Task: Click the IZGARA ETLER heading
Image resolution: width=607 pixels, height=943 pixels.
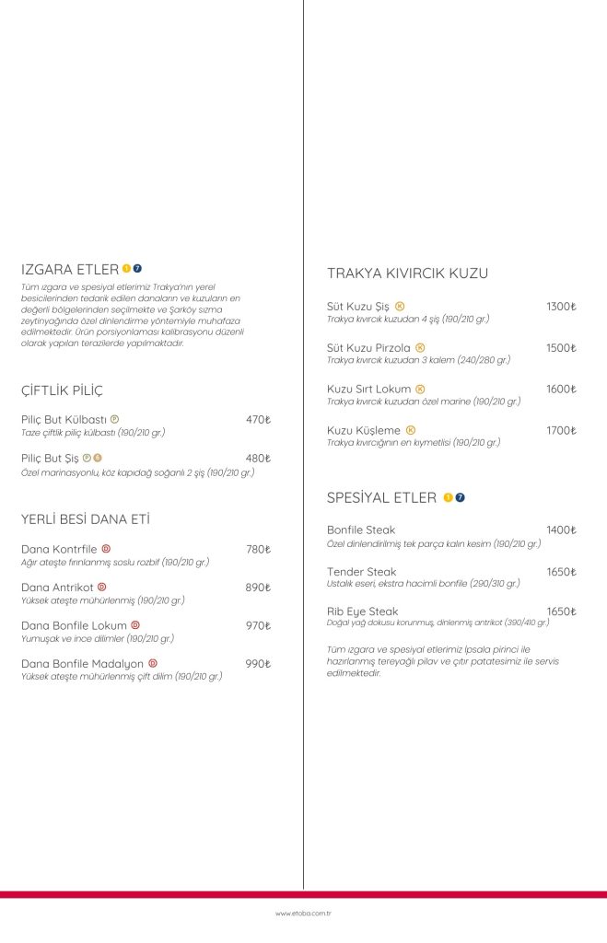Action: click(x=69, y=269)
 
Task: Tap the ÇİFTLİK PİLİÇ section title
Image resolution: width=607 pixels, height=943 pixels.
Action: click(x=62, y=390)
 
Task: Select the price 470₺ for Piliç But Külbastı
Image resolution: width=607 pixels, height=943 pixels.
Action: click(x=258, y=420)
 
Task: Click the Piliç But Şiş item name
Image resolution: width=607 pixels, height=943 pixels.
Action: click(x=50, y=458)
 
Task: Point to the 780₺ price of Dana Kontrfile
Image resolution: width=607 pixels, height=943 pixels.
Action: click(x=258, y=550)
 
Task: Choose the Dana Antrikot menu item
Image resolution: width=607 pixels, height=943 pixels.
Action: click(x=56, y=588)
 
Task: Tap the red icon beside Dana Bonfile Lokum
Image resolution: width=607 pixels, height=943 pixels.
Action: click(x=135, y=625)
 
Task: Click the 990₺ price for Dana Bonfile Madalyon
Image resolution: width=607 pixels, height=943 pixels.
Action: click(x=258, y=664)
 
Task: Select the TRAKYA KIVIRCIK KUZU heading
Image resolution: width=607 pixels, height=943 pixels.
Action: click(x=407, y=274)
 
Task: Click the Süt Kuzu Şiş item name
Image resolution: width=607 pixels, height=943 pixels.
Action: click(x=358, y=307)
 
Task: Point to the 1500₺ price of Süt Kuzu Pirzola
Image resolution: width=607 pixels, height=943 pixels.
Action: click(x=560, y=348)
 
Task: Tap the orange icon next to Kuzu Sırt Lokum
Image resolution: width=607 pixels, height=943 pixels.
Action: click(x=420, y=389)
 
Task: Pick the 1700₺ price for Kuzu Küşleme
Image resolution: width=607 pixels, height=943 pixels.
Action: click(x=560, y=430)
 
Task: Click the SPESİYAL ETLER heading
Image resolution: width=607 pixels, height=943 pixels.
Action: click(x=381, y=498)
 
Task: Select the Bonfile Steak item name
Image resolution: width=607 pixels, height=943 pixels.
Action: click(x=361, y=530)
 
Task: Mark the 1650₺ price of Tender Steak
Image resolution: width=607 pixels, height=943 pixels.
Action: click(x=560, y=572)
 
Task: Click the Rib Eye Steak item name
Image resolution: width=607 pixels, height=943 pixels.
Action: click(x=363, y=611)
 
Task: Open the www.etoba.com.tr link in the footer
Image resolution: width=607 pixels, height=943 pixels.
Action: click(x=303, y=914)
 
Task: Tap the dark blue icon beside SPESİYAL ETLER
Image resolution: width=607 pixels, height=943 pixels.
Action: click(x=460, y=498)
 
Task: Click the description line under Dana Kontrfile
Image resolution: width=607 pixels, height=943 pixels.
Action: click(x=115, y=562)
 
